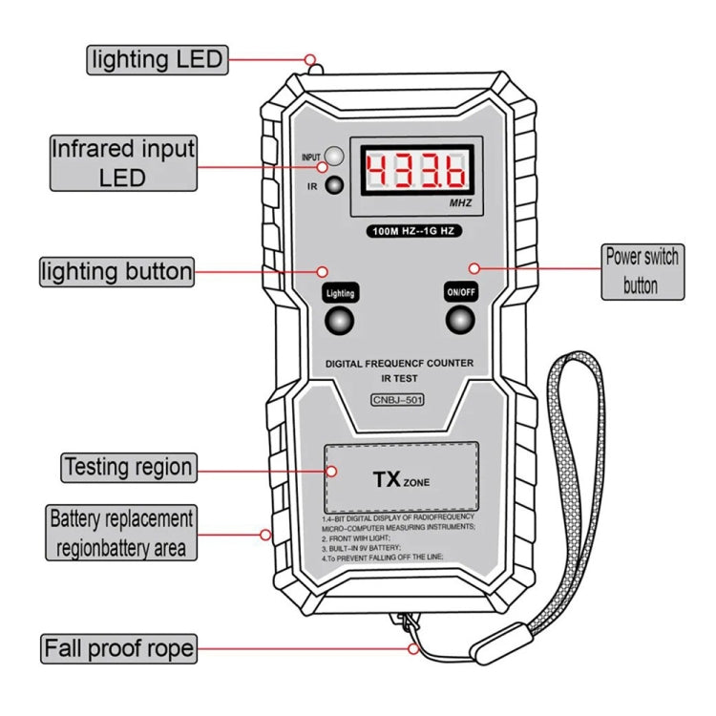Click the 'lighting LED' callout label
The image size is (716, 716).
pyautogui.click(x=157, y=59)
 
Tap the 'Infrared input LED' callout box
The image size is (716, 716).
pyautogui.click(x=123, y=162)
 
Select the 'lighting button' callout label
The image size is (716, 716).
pyautogui.click(x=116, y=271)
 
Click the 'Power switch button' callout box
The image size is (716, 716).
pyautogui.click(x=641, y=270)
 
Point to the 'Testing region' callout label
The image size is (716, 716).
pyautogui.click(x=128, y=468)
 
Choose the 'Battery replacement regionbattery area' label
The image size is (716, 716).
pyautogui.click(x=122, y=533)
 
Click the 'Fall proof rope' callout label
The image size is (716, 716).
pyautogui.click(x=118, y=649)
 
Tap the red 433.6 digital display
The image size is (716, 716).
pyautogui.click(x=415, y=172)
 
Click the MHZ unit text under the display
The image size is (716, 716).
pyautogui.click(x=460, y=204)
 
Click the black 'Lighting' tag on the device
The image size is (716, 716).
pyautogui.click(x=340, y=293)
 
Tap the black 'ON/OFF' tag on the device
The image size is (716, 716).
pyautogui.click(x=460, y=293)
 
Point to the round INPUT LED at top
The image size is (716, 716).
pyautogui.click(x=334, y=156)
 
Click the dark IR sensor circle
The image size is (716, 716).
pyautogui.click(x=334, y=185)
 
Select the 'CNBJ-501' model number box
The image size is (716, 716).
pyautogui.click(x=398, y=399)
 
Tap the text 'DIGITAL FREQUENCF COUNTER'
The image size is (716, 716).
pyautogui.click(x=399, y=363)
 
